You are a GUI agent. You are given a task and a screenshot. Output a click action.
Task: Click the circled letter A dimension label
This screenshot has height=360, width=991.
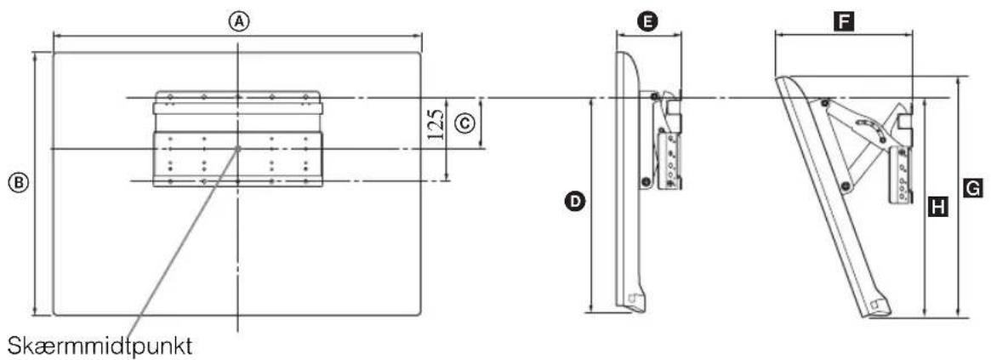tap(237, 21)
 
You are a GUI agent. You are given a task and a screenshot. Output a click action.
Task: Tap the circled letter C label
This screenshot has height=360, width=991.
tap(464, 124)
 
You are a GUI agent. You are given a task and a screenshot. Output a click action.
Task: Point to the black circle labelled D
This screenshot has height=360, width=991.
tap(574, 202)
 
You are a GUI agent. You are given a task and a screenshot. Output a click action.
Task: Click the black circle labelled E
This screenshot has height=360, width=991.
tap(646, 22)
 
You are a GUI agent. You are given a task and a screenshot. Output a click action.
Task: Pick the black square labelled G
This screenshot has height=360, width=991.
tap(974, 187)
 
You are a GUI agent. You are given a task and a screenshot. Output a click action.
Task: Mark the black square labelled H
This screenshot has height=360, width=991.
tap(941, 206)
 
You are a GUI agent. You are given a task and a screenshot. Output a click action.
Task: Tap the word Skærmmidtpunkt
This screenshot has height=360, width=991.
tap(100, 346)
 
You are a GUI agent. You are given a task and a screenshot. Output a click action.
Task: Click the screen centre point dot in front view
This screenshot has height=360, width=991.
tap(237, 149)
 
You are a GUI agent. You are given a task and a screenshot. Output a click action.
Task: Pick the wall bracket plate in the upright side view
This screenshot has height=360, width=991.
tap(670, 159)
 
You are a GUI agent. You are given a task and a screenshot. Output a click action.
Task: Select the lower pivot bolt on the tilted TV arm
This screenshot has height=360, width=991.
tap(845, 186)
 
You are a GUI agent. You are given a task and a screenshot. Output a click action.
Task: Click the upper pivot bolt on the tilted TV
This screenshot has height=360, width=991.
tap(824, 102)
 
